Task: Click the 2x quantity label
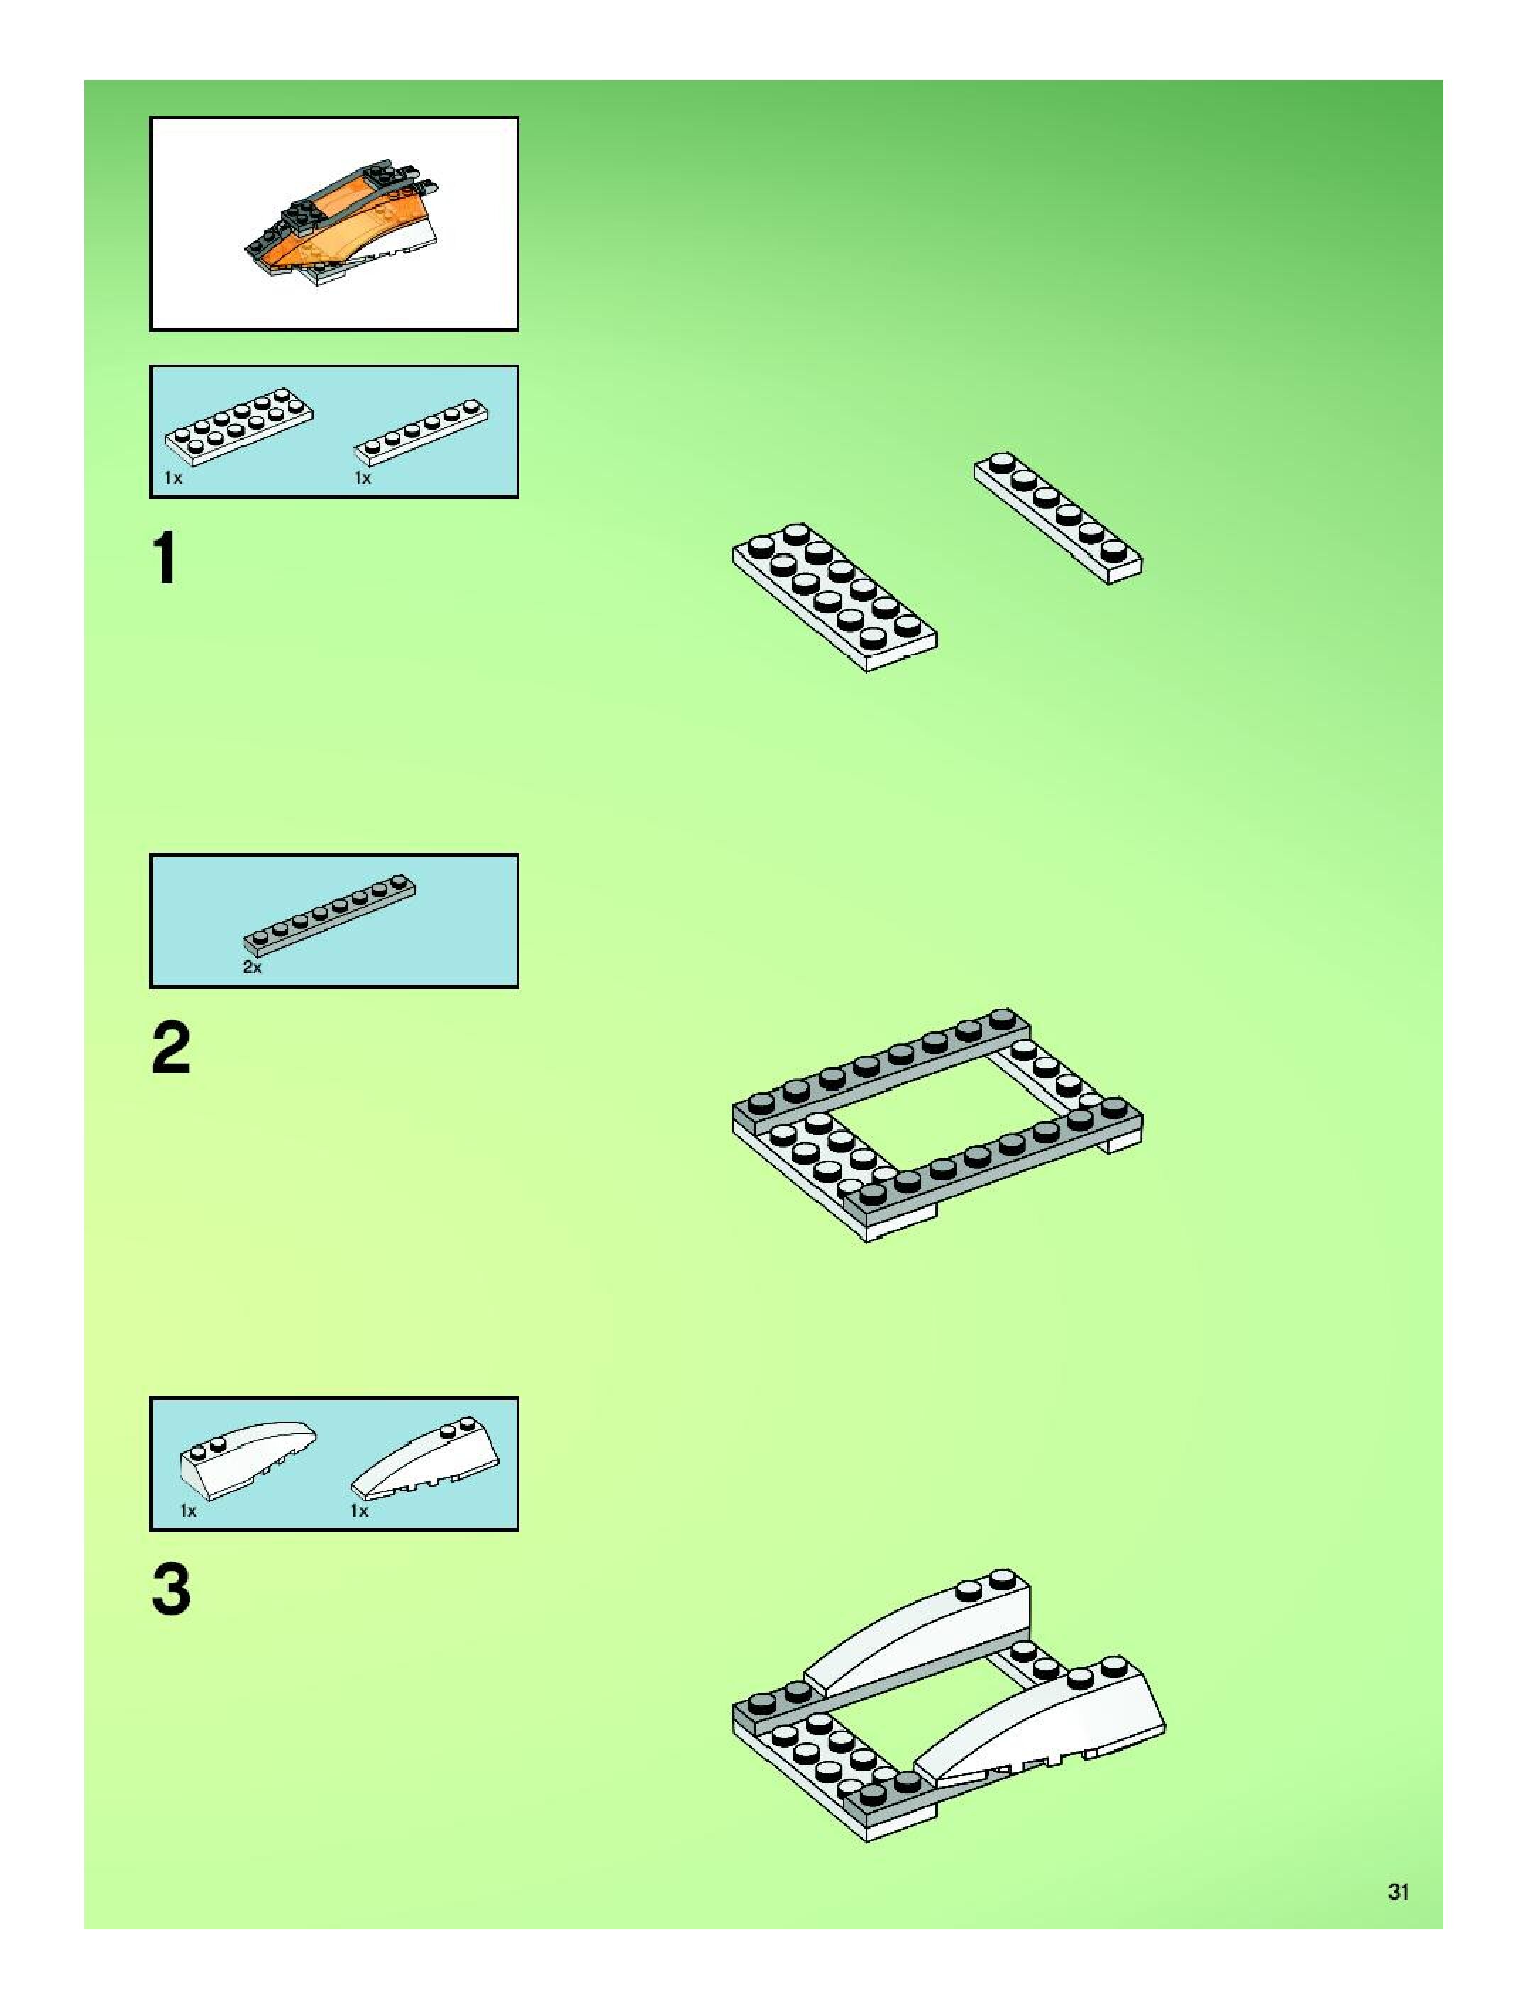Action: click(x=253, y=967)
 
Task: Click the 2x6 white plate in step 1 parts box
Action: click(x=239, y=428)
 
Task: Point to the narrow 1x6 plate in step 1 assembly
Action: click(x=1057, y=516)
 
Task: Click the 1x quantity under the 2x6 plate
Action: click(x=173, y=477)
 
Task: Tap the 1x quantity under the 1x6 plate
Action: click(x=363, y=477)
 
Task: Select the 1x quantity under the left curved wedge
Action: click(x=188, y=1510)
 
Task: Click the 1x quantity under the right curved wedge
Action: click(x=360, y=1510)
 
